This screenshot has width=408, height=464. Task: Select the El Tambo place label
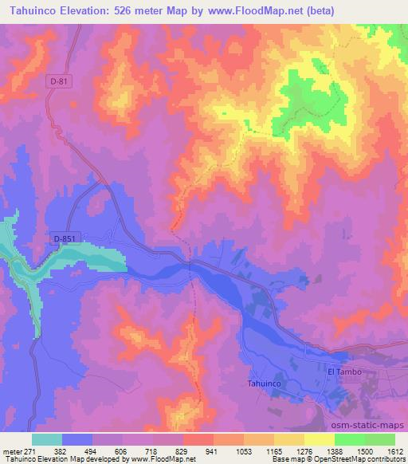point(344,372)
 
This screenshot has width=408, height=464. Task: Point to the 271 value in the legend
point(30,451)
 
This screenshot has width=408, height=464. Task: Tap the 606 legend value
point(122,451)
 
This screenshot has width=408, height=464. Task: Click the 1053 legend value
point(243,451)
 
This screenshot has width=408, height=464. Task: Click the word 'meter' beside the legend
point(10,451)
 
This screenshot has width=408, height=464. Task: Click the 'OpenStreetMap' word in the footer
point(350,460)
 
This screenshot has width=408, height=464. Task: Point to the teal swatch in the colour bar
point(46,439)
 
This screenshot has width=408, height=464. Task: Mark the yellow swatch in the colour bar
point(319,439)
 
